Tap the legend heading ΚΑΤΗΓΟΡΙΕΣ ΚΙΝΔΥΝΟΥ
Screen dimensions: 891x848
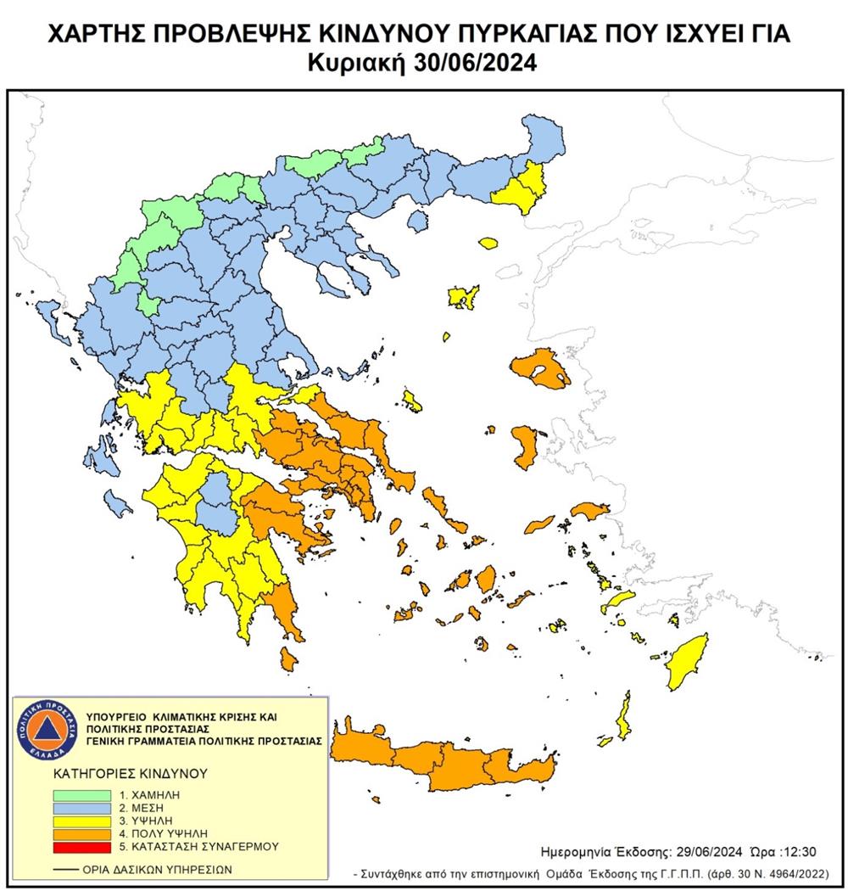119,775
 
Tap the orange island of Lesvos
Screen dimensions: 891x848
540,368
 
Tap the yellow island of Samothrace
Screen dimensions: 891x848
488,243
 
